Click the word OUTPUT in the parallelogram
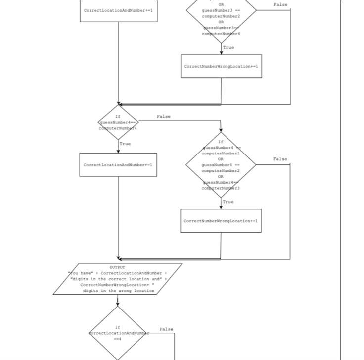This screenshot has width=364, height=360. coord(118,267)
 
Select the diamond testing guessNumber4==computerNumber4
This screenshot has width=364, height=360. coord(118,122)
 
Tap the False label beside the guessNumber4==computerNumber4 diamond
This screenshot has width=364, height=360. coord(164,117)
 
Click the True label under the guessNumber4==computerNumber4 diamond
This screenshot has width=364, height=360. coord(125,144)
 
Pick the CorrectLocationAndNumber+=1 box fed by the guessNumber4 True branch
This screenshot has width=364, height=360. coord(118,164)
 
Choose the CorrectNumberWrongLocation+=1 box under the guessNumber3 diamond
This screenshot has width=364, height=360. coord(221,66)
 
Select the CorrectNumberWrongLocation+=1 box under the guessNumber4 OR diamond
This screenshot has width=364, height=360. coord(221,221)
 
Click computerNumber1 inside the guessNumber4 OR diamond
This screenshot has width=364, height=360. coord(221,153)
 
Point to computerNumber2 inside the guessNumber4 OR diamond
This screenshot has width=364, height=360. coord(221,170)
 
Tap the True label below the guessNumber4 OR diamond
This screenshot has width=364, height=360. coord(228,202)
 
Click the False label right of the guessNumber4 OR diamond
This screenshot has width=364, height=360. coord(280,159)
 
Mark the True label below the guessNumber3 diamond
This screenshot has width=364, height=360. coord(228,48)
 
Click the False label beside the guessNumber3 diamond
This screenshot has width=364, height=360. coord(280,4)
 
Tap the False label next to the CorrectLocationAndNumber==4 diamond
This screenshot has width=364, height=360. coord(167,329)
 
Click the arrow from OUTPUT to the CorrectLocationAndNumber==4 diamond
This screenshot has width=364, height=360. coord(118,300)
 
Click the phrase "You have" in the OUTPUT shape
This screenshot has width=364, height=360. coord(79,273)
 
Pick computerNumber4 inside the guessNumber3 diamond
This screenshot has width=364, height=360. coord(221,33)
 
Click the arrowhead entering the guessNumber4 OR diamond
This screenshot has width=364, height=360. coord(221,130)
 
